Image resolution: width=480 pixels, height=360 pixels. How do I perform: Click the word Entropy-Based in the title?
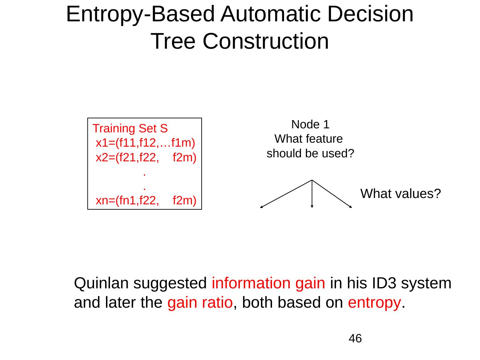(140, 14)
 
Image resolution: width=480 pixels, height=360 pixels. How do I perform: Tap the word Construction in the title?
(265, 41)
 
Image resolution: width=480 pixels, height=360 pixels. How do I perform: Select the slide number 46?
(355, 339)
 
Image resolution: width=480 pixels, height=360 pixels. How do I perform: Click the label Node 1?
(310, 125)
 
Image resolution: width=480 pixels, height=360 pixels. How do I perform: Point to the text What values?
(401, 193)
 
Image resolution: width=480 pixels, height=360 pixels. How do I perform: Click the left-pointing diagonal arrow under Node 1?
(286, 194)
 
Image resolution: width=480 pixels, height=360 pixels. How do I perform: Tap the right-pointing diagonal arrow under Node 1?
(332, 194)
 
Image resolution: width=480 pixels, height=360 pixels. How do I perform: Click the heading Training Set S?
(130, 128)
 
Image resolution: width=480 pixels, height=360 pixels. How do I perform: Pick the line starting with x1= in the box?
(145, 143)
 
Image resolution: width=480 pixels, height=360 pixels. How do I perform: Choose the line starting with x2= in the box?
(146, 157)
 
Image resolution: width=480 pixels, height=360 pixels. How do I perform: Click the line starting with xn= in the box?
(146, 200)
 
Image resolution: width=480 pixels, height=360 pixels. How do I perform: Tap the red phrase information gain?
(268, 283)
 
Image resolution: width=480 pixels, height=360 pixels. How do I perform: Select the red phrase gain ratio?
(200, 303)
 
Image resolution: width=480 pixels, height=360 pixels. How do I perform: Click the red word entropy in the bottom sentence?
(374, 303)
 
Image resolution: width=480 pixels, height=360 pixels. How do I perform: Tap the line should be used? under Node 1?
(310, 154)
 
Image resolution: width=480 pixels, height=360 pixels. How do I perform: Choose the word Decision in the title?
(370, 14)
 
